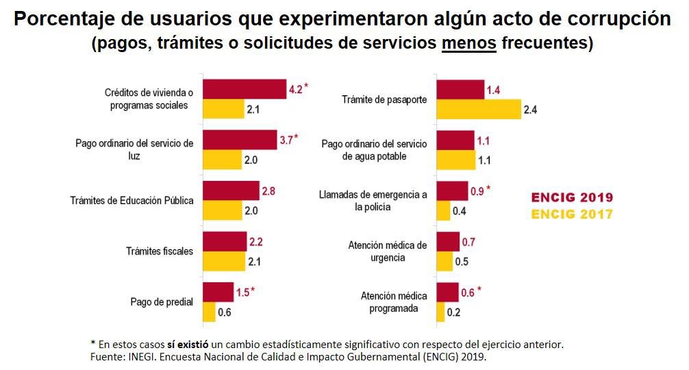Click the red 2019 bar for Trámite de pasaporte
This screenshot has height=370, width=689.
460,90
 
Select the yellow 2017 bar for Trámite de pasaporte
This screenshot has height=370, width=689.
479,109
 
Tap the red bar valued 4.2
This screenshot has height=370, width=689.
245,89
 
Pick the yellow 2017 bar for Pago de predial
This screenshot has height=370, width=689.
209,312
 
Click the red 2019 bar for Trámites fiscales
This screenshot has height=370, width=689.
225,241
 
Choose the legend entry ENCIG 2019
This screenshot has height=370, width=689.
572,198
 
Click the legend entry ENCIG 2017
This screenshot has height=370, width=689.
572,214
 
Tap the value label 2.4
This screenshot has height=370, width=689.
530,110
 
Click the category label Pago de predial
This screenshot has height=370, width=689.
162,301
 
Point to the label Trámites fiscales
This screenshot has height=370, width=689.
160,251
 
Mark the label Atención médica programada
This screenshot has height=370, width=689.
394,302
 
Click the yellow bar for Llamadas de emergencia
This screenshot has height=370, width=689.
443,210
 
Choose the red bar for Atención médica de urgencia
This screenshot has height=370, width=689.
448,242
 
